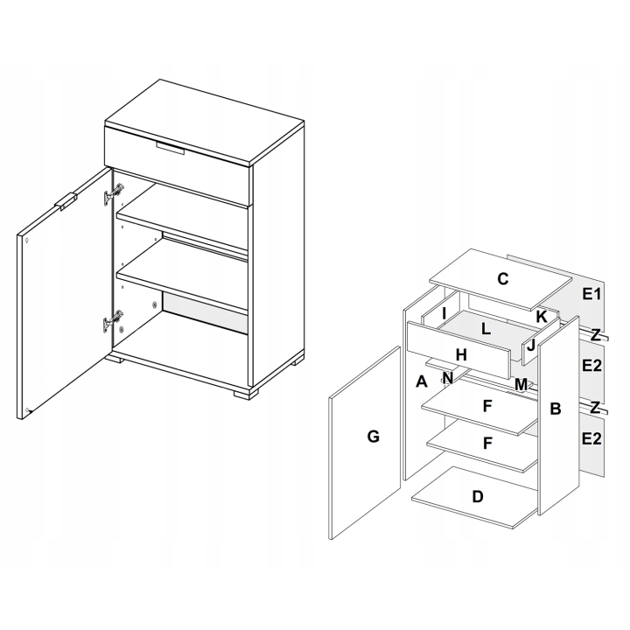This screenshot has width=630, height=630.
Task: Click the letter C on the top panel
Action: click(x=502, y=279)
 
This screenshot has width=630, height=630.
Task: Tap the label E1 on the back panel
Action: click(x=591, y=294)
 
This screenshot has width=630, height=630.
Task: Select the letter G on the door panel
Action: click(x=374, y=437)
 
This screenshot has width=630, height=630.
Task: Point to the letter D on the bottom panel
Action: click(x=478, y=497)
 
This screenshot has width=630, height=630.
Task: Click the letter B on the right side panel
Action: click(x=556, y=409)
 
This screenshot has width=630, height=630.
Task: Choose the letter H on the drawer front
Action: click(x=461, y=354)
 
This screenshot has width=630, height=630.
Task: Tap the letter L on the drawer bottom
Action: click(x=486, y=329)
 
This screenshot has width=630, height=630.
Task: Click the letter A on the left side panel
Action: click(x=421, y=381)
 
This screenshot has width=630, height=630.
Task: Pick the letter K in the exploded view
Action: click(x=542, y=317)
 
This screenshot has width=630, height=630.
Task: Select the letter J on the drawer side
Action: click(x=531, y=345)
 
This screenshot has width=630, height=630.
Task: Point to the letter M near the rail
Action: click(x=521, y=385)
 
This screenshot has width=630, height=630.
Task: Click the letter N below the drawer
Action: click(x=448, y=378)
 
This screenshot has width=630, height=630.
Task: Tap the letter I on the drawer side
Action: click(x=444, y=313)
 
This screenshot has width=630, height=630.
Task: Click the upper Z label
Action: click(x=596, y=334)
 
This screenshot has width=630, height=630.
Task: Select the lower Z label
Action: click(x=595, y=408)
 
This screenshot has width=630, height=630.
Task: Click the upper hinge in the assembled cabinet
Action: click(x=113, y=193)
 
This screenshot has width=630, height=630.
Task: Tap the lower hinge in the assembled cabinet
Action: click(x=113, y=321)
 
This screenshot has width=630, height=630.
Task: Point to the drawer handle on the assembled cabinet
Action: click(x=171, y=148)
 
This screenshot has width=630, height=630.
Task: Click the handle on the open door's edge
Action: click(x=66, y=201)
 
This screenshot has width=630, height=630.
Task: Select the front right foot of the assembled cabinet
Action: click(x=246, y=392)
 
